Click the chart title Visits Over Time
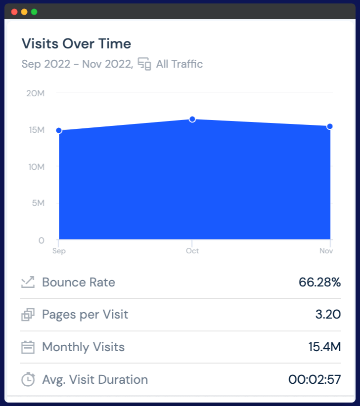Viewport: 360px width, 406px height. tap(76, 43)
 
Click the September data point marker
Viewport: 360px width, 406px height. tap(59, 130)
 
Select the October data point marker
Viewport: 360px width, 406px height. tap(192, 119)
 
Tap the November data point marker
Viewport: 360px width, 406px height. tap(330, 126)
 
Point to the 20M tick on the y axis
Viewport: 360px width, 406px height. tap(36, 93)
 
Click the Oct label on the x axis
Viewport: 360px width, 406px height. tap(192, 251)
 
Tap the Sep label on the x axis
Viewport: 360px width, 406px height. tap(59, 251)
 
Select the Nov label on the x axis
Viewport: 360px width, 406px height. tap(326, 251)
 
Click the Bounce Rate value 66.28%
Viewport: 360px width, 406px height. tap(319, 283)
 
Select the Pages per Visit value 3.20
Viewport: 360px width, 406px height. tap(328, 315)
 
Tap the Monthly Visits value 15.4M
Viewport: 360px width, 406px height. tap(324, 347)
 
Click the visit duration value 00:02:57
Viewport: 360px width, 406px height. tap(315, 380)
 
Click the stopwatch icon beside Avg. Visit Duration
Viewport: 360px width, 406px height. tap(28, 379)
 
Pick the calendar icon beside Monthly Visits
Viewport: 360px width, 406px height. tap(28, 347)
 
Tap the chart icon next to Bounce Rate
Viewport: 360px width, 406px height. tap(28, 283)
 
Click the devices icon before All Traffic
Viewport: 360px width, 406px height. tap(144, 64)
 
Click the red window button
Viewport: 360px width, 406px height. tap(14, 11)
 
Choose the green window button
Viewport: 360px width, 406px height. tap(34, 11)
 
